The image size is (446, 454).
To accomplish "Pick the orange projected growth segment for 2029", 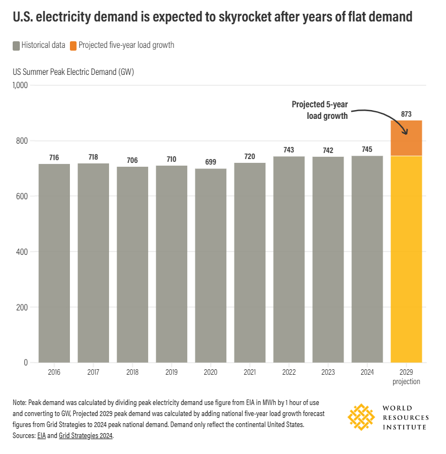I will point(406,138).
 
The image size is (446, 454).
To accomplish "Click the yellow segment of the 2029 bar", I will point(406,259).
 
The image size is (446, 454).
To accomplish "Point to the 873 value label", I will point(406,114).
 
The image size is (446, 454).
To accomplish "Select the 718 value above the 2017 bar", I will point(93,157).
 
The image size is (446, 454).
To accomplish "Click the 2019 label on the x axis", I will point(171,373).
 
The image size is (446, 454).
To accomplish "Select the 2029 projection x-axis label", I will point(406,377).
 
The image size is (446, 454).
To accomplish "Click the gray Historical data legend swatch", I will point(16,45).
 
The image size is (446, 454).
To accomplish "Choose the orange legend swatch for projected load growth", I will point(73,45).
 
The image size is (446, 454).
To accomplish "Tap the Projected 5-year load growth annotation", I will point(320,110).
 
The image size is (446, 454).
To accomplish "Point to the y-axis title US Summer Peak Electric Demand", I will point(73,72).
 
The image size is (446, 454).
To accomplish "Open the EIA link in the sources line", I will point(41,435).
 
